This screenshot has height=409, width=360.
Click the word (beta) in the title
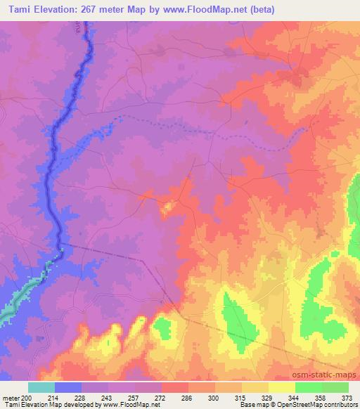[259, 10]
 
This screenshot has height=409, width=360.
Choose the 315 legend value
[240, 397]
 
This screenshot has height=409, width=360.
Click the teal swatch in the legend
[41, 387]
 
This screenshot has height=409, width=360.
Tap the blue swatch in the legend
[68, 387]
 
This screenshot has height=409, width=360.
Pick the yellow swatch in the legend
[281, 387]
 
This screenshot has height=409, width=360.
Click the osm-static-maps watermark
[331, 376]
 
